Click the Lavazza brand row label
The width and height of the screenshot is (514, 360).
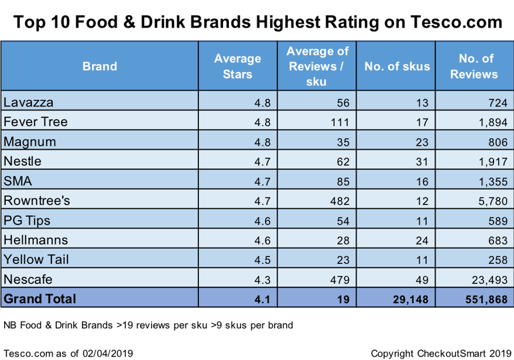(28, 102)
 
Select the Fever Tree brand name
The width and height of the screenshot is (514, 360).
(36, 122)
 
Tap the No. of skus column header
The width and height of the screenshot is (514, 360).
(397, 67)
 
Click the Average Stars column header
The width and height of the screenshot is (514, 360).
(237, 66)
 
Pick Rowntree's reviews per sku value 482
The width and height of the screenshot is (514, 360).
(340, 201)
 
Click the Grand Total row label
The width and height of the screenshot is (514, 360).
(40, 299)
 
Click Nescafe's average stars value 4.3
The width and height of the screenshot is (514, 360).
(262, 279)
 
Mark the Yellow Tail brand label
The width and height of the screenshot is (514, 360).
(33, 259)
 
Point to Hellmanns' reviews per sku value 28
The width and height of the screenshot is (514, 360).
(342, 240)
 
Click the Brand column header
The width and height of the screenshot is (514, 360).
(100, 67)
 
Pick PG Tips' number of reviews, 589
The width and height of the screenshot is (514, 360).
(495, 220)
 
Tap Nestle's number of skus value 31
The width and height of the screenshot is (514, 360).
(422, 162)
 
